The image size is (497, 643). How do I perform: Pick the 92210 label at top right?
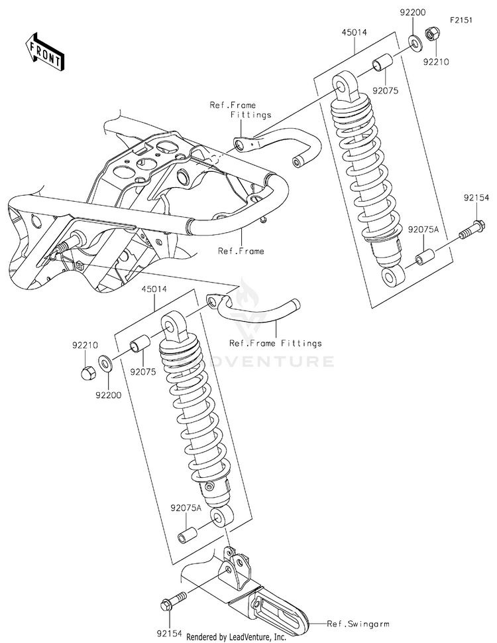[438, 62]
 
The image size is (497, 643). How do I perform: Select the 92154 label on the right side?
[476, 198]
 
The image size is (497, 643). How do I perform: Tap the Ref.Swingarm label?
[358, 624]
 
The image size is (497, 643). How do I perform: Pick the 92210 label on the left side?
[85, 345]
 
